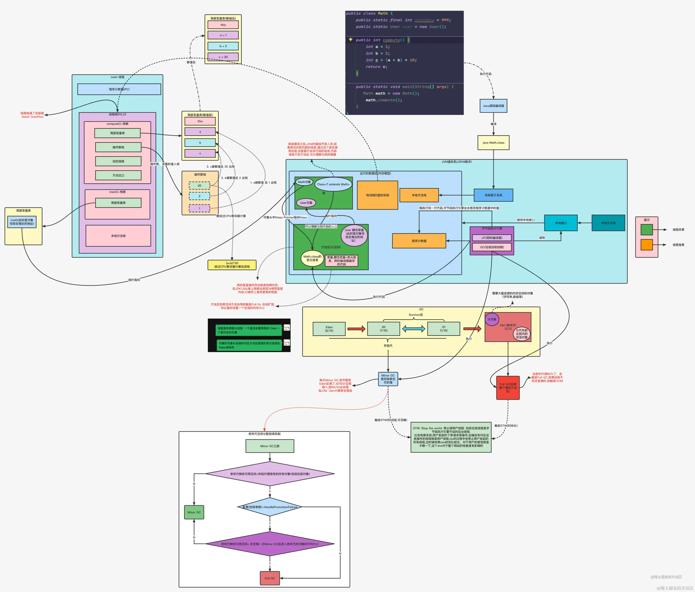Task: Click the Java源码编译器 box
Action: pyautogui.click(x=493, y=106)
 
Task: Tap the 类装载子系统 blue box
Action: pyautogui.click(x=493, y=195)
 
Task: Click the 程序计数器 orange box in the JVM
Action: pyautogui.click(x=419, y=241)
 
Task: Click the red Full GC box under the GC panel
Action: pyautogui.click(x=508, y=388)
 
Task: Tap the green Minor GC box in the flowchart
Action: pyautogui.click(x=194, y=512)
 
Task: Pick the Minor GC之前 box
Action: pyautogui.click(x=270, y=446)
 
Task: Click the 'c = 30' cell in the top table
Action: pyautogui.click(x=223, y=57)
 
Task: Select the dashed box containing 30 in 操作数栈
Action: pyautogui.click(x=199, y=186)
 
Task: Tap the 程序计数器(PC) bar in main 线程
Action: pyautogui.click(x=119, y=89)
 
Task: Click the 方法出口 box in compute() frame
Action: pyautogui.click(x=118, y=175)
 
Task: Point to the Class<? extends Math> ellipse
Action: pyautogui.click(x=333, y=184)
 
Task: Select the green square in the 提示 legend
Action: pyautogui.click(x=646, y=229)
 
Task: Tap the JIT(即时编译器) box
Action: pyautogui.click(x=492, y=238)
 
